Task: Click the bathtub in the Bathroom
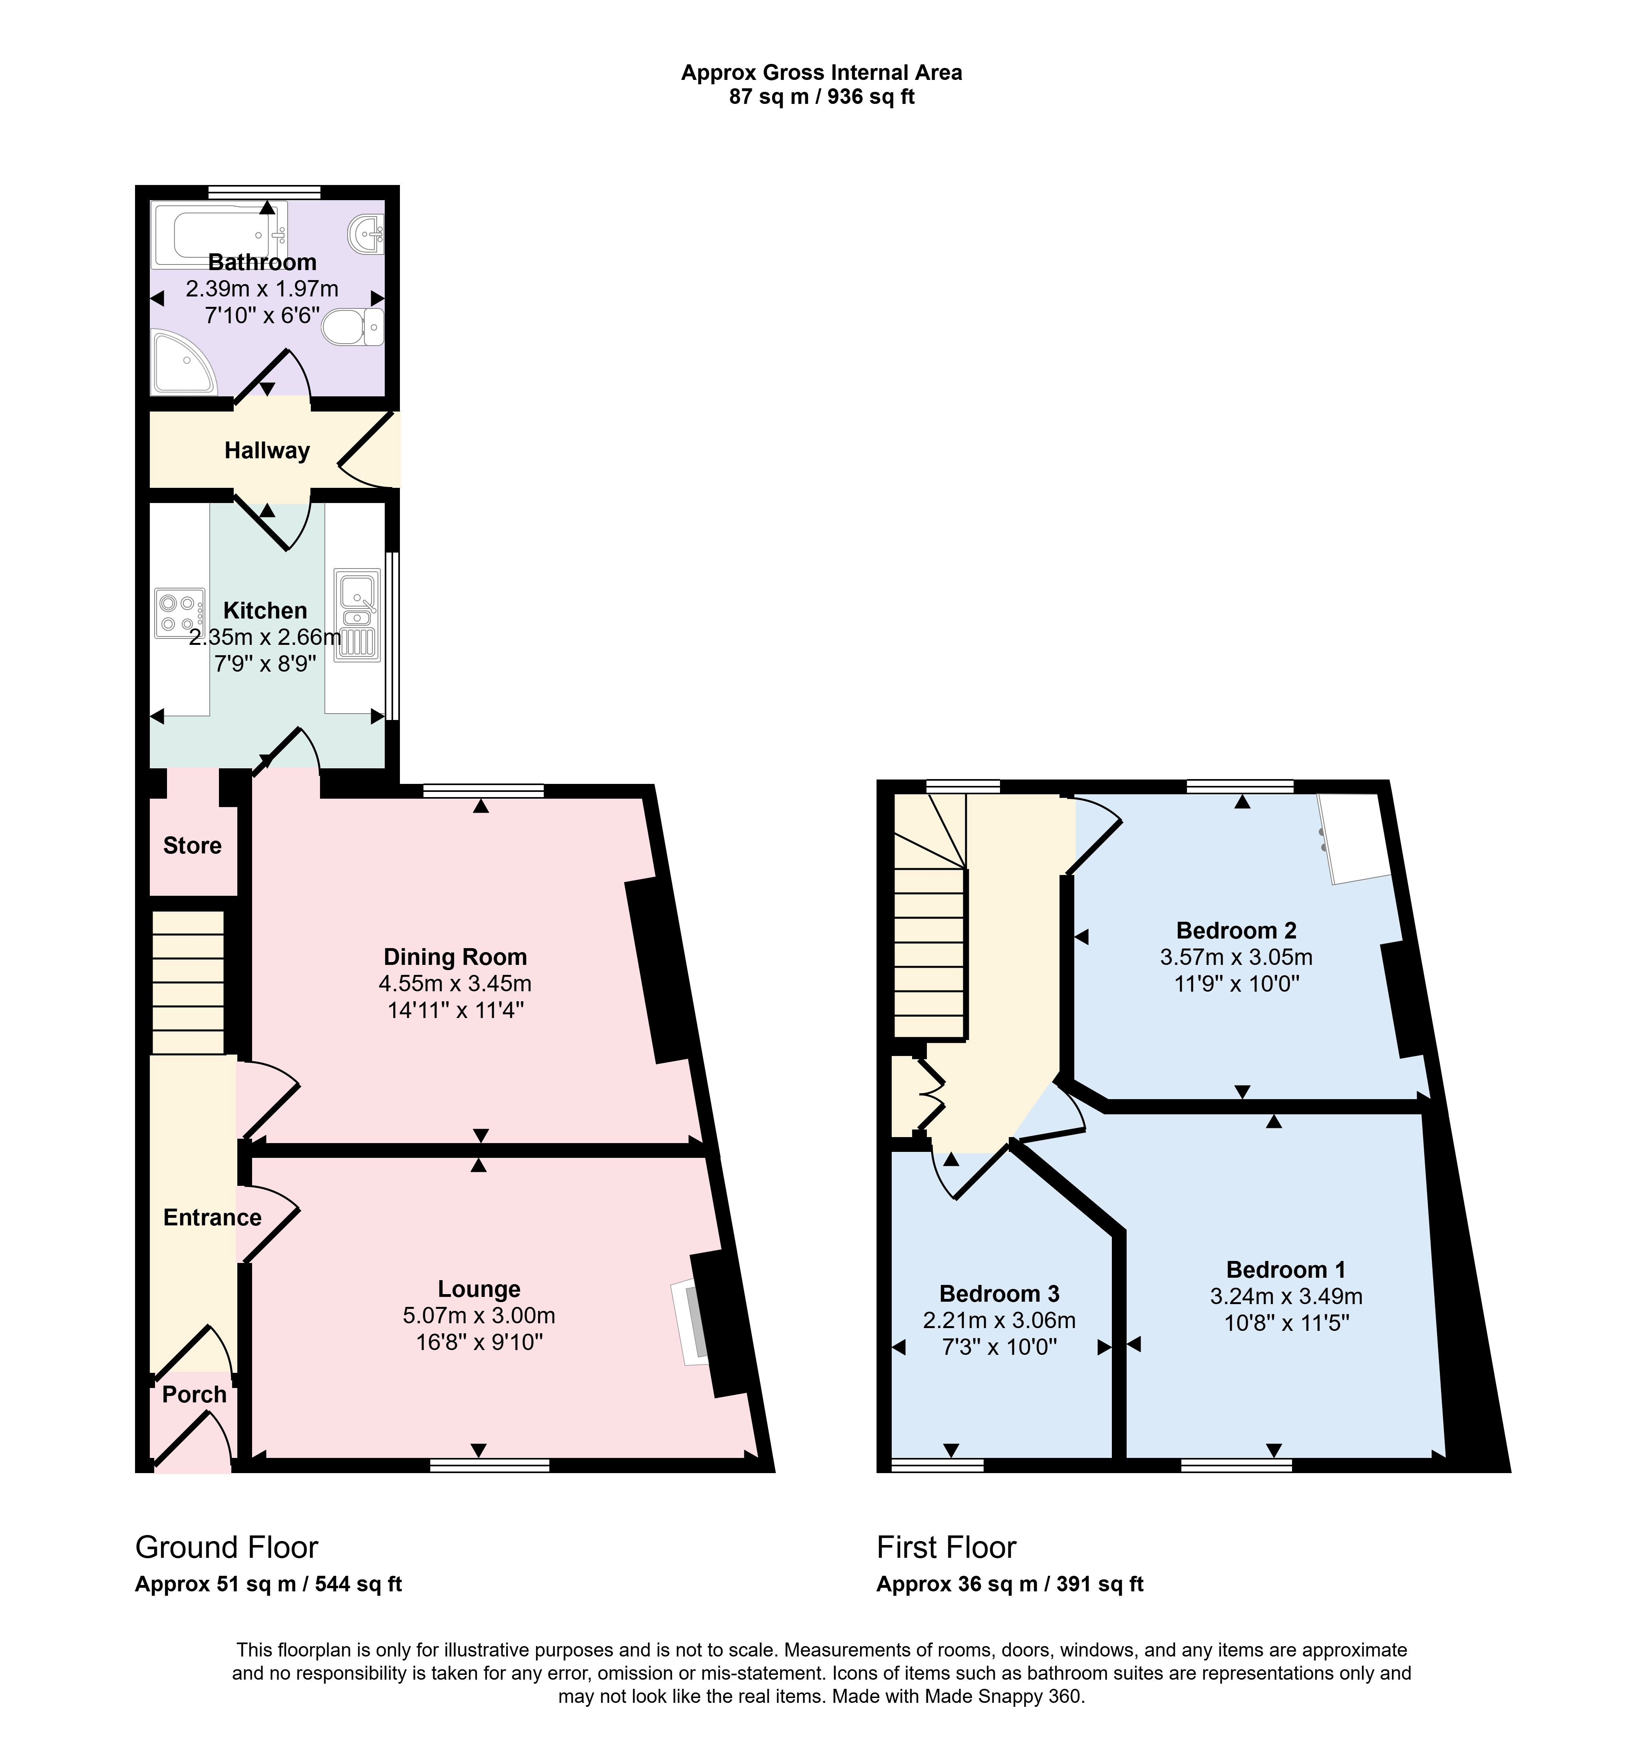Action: click(219, 235)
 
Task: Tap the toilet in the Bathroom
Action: click(353, 328)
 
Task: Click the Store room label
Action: click(192, 846)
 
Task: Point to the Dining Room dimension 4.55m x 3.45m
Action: click(455, 983)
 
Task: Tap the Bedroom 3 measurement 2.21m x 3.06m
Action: click(999, 1320)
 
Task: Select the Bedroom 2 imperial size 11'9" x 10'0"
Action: click(1236, 983)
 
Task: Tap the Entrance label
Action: click(212, 1217)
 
